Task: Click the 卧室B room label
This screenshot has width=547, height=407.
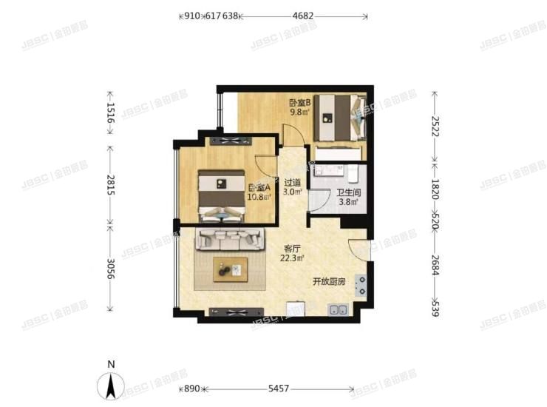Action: [x=299, y=104]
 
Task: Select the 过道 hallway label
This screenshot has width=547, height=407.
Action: [x=293, y=183]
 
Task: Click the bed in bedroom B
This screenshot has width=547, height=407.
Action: [x=341, y=118]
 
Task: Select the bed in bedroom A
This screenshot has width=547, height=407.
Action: [x=222, y=193]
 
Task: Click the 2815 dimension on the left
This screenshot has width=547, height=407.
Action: [x=110, y=182]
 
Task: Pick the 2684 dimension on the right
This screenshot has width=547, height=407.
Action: [x=435, y=265]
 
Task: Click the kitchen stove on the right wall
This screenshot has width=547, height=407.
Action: [x=361, y=286]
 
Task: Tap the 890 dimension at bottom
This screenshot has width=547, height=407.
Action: [x=191, y=388]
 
